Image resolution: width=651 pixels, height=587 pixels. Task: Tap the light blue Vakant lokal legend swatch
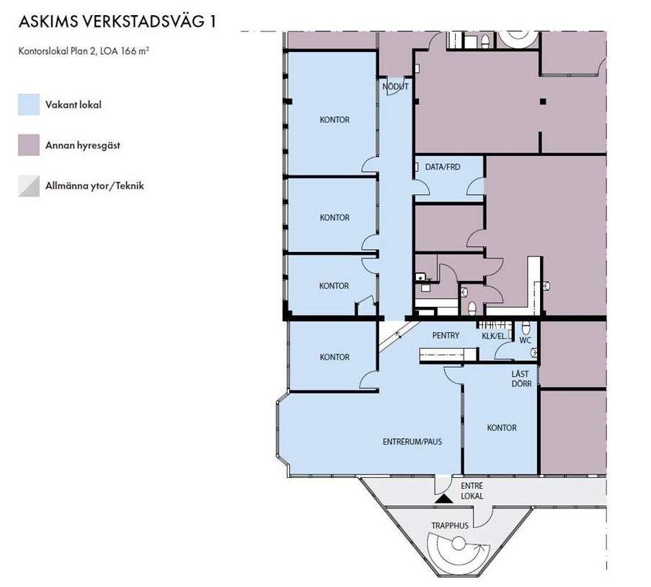tap(29, 105)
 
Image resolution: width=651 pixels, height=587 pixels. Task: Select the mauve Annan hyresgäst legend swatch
tap(29, 144)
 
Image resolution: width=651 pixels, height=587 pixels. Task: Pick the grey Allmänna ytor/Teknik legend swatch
tap(29, 186)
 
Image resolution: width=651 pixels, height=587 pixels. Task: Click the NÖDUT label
tap(395, 87)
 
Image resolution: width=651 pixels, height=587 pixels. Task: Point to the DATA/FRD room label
tap(443, 167)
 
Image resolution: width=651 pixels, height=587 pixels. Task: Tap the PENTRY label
tap(446, 335)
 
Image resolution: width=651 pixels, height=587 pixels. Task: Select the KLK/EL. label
tap(495, 336)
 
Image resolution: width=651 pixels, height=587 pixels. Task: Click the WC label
tap(526, 340)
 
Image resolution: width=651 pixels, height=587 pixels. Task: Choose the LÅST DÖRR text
tap(521, 379)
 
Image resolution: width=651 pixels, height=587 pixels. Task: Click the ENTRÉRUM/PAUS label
tap(412, 441)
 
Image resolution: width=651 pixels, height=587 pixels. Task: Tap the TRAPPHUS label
tap(450, 526)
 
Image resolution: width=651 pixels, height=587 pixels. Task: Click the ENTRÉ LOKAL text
tap(472, 491)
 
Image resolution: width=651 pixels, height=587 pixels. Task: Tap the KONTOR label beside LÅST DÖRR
tap(502, 427)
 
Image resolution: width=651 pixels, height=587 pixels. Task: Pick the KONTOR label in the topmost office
tap(335, 120)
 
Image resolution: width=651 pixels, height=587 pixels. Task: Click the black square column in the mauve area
tap(543, 101)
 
